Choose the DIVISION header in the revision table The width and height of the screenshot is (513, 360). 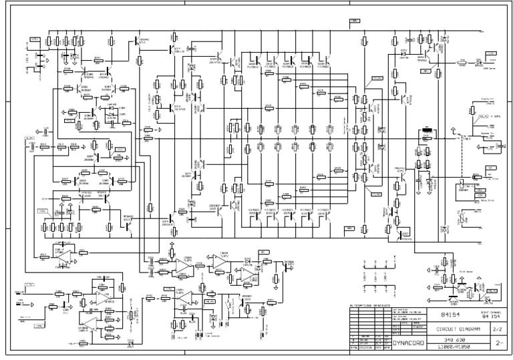365,348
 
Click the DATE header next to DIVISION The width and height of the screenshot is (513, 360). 377,348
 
